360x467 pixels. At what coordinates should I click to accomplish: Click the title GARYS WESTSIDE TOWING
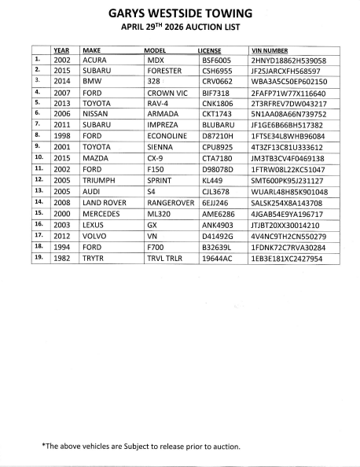[x=180, y=13]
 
